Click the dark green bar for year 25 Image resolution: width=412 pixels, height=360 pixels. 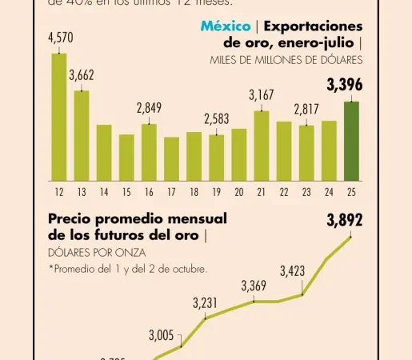pyautogui.click(x=351, y=141)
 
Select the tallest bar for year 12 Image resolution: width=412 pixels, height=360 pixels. pyautogui.click(x=59, y=117)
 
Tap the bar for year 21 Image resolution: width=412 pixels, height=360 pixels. pyautogui.click(x=262, y=146)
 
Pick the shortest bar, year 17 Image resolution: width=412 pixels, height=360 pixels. pyautogui.click(x=171, y=158)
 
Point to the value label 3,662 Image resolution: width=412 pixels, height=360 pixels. pyautogui.click(x=82, y=76)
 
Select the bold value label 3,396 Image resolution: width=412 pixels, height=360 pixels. pyautogui.click(x=345, y=84)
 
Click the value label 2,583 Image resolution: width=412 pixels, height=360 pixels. pyautogui.click(x=216, y=119)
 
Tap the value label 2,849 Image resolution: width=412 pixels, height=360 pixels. pyautogui.click(x=149, y=108)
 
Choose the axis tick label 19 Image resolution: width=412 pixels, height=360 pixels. pyautogui.click(x=216, y=193)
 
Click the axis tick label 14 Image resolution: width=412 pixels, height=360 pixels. pyautogui.click(x=104, y=193)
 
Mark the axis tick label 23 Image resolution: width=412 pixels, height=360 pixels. pyautogui.click(x=306, y=193)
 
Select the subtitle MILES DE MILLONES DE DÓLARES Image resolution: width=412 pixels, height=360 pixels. pyautogui.click(x=286, y=60)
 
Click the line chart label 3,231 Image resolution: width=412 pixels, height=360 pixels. pyautogui.click(x=205, y=303)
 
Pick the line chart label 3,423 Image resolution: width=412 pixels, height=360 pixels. pyautogui.click(x=292, y=272)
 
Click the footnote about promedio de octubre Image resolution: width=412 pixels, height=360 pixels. pyautogui.click(x=128, y=269)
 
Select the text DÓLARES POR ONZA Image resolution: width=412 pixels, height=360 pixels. pyautogui.click(x=86, y=252)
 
